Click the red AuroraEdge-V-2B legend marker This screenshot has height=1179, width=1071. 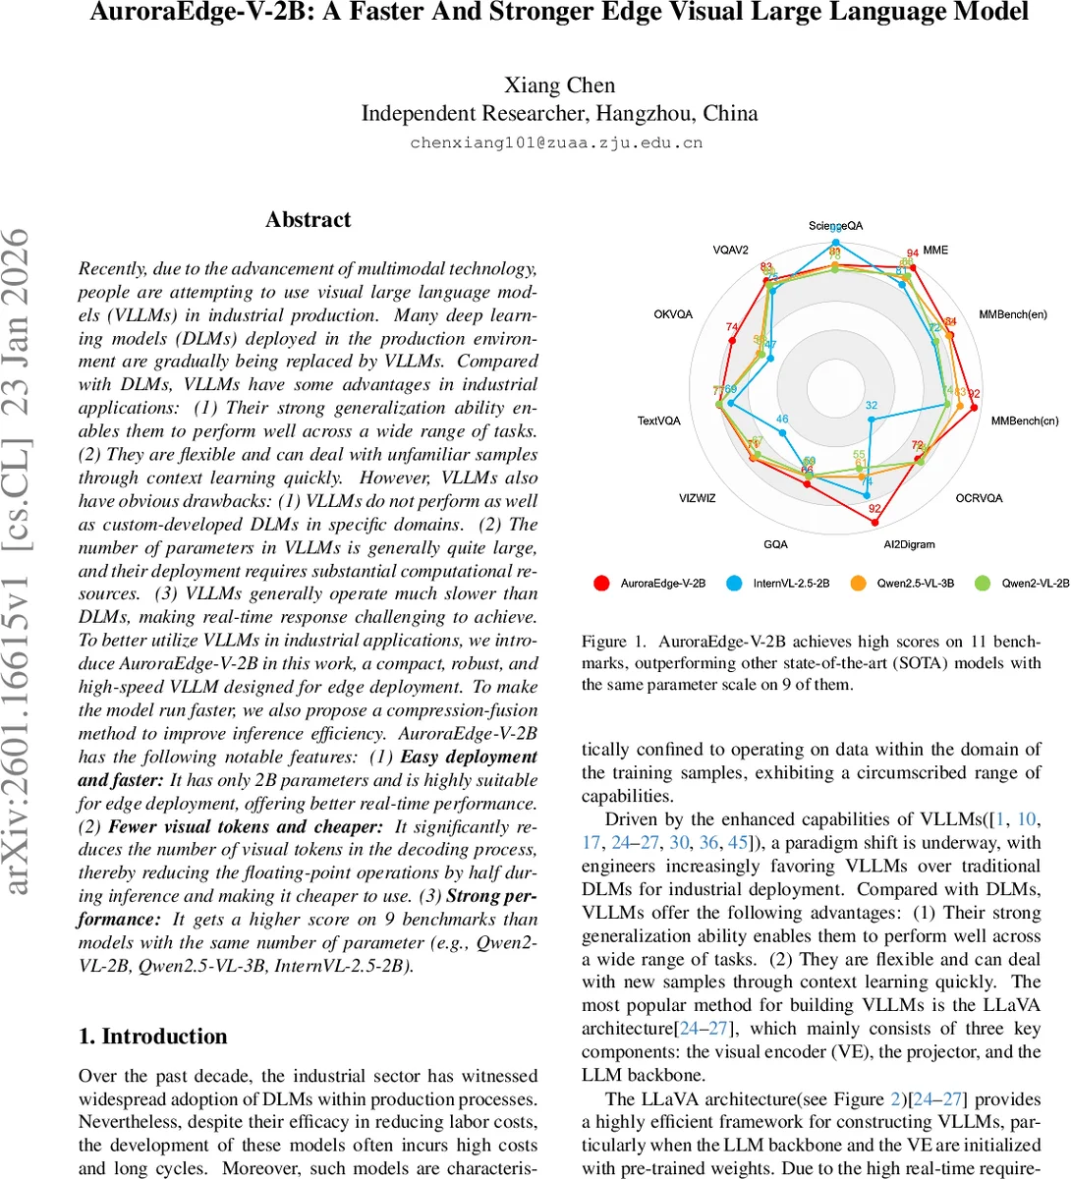click(x=601, y=583)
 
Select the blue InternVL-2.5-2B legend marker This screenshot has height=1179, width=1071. click(x=734, y=583)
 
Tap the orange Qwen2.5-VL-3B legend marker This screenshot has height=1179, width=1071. click(x=858, y=583)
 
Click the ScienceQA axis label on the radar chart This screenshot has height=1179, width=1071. click(x=835, y=226)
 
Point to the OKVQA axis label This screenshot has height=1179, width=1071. click(x=673, y=314)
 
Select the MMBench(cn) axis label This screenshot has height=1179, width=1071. click(x=1024, y=421)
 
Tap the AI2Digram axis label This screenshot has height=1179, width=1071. click(x=909, y=544)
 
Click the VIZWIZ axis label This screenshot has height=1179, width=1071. click(x=697, y=498)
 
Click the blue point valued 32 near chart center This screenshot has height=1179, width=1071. click(x=872, y=418)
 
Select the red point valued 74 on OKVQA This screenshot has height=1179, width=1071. click(x=732, y=340)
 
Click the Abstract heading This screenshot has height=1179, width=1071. click(x=308, y=220)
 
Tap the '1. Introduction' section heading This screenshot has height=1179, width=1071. click(x=152, y=1037)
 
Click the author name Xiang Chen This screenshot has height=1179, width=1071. click(x=559, y=85)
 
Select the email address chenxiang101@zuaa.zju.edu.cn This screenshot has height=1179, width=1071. click(x=556, y=142)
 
